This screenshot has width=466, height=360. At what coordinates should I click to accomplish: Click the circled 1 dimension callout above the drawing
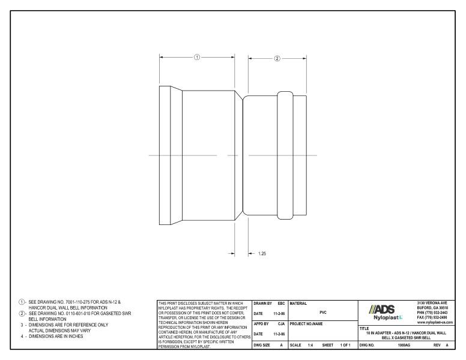point(197,57)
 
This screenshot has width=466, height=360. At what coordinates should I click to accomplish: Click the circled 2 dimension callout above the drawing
point(277,59)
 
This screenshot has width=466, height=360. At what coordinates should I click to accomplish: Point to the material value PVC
point(323,312)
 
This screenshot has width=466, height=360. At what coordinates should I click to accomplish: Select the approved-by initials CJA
point(281,324)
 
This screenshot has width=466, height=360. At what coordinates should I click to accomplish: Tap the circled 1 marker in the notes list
point(22,302)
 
